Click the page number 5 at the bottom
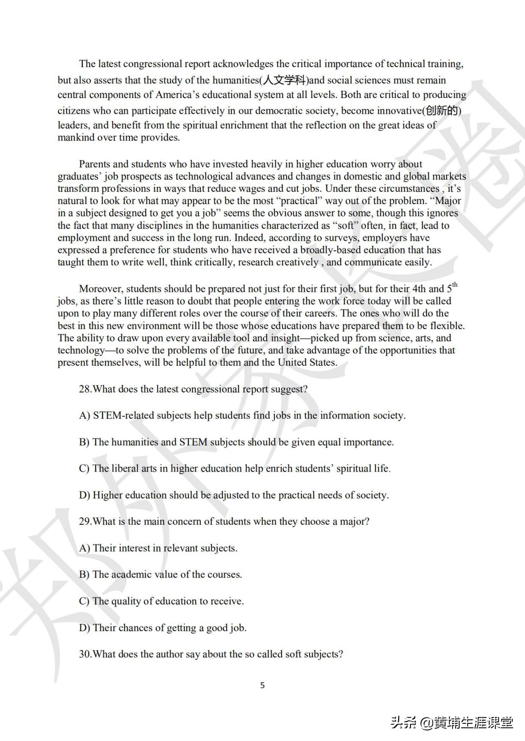tap(262, 685)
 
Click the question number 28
tap(85, 389)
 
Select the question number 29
tap(85, 521)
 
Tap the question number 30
tap(85, 654)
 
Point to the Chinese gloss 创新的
tap(442, 111)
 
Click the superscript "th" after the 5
tap(455, 285)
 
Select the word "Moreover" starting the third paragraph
tap(101, 289)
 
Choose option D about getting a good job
tap(163, 628)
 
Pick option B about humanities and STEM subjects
tap(236, 442)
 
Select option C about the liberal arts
tap(235, 469)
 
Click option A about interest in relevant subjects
tap(158, 548)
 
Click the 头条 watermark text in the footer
tap(404, 722)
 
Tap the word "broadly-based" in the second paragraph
tap(331, 250)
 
